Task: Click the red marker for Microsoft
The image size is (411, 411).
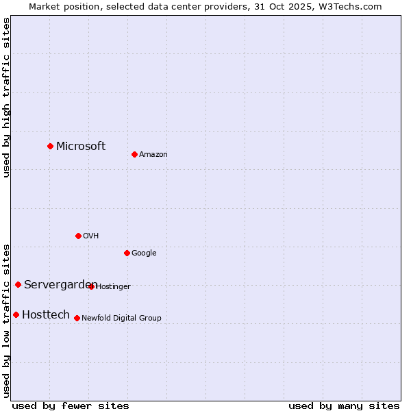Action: pyautogui.click(x=50, y=146)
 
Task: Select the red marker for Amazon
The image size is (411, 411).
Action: pyautogui.click(x=134, y=154)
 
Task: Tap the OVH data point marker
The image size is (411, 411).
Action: pyautogui.click(x=78, y=236)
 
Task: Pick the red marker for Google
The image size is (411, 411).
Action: pyautogui.click(x=127, y=253)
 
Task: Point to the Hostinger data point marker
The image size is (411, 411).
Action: pyautogui.click(x=91, y=286)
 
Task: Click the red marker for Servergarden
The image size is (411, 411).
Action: pyautogui.click(x=18, y=284)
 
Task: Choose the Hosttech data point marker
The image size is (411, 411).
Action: pyautogui.click(x=16, y=314)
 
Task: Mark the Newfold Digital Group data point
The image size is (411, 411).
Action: pyautogui.click(x=77, y=318)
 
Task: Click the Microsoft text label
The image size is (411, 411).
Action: pyautogui.click(x=81, y=146)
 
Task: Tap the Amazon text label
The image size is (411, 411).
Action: pyautogui.click(x=153, y=154)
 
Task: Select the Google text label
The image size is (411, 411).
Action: pyautogui.click(x=144, y=253)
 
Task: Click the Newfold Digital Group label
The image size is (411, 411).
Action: pyautogui.click(x=121, y=318)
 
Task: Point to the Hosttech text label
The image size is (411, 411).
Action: pyautogui.click(x=46, y=314)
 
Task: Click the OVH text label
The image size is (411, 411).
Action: pyautogui.click(x=91, y=236)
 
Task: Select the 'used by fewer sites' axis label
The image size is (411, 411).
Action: pyautogui.click(x=71, y=406)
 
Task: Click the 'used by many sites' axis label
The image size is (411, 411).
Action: pyautogui.click(x=344, y=406)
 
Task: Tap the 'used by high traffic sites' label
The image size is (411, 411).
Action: pyautogui.click(x=6, y=97)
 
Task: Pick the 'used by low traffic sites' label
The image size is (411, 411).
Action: pyautogui.click(x=6, y=320)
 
